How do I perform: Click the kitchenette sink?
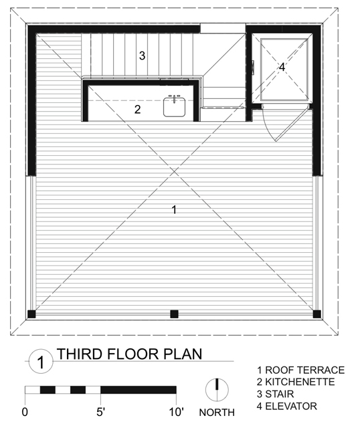tap(175, 107)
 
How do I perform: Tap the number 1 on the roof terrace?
tap(174, 210)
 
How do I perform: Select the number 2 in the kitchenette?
tap(137, 110)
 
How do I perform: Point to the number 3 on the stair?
tap(142, 56)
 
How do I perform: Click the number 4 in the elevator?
tap(282, 67)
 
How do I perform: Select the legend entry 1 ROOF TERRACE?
tap(300, 370)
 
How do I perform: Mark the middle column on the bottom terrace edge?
tap(174, 313)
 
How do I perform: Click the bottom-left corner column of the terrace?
tap(31, 314)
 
